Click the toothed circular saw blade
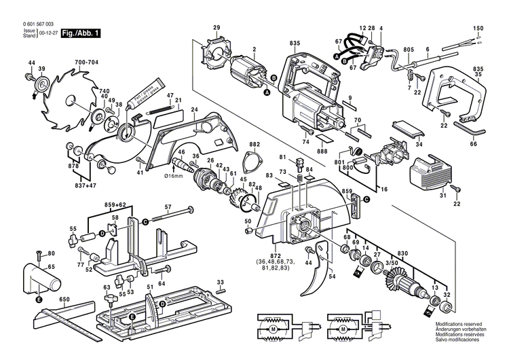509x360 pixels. tap(67, 98)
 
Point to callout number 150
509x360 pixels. tap(478, 28)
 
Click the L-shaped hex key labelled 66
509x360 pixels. tap(466, 128)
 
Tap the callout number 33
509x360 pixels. tap(220, 282)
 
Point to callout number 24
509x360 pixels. tap(194, 110)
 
